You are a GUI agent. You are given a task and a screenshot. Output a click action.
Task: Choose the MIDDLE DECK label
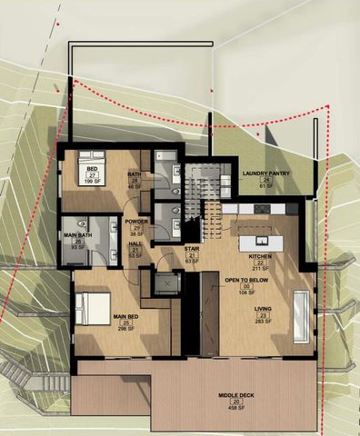(235, 396)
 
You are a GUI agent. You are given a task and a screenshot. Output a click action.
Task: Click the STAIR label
(192, 247)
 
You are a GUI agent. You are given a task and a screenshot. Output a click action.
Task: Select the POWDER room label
(137, 221)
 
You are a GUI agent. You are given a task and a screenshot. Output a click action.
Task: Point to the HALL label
(135, 243)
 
